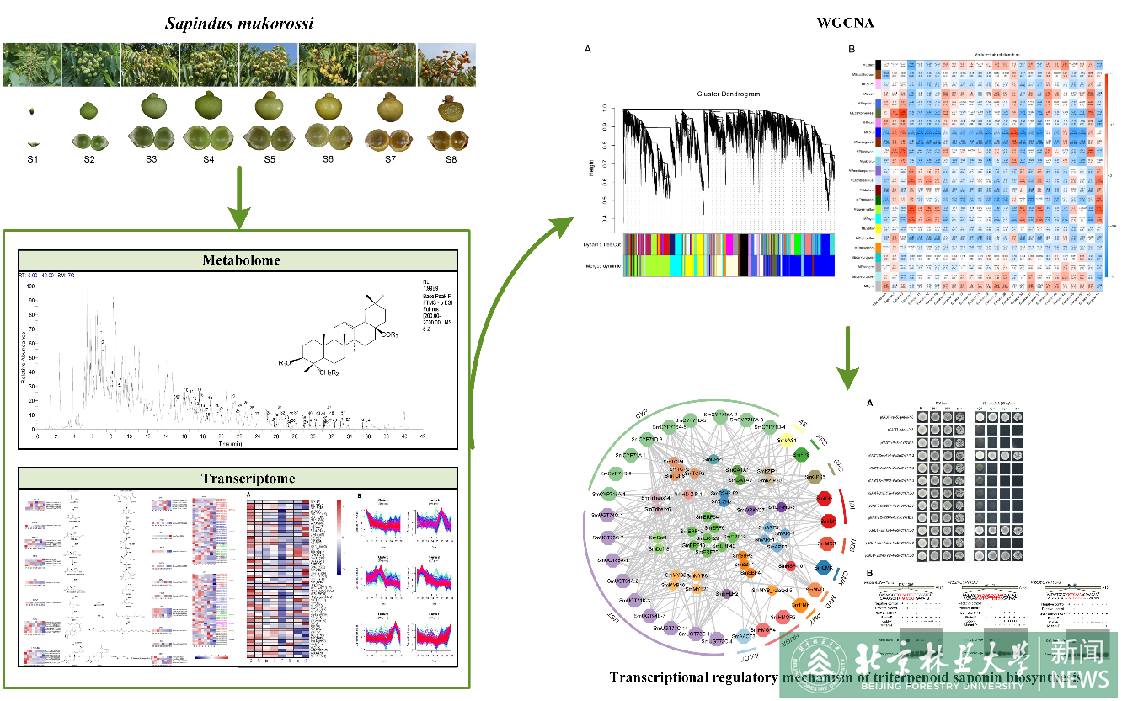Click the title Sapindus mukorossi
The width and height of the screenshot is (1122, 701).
coord(239,23)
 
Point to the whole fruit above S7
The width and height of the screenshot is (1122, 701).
coord(389,107)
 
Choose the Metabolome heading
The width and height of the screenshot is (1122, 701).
coord(237,260)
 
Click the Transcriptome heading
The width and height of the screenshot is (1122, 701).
coord(237,478)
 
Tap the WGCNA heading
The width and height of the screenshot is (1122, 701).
coord(846,23)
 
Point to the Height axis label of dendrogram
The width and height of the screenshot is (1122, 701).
coord(592,173)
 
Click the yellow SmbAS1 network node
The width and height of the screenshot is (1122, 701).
coord(787,441)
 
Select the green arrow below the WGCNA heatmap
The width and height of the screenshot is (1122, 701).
coord(848,358)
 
